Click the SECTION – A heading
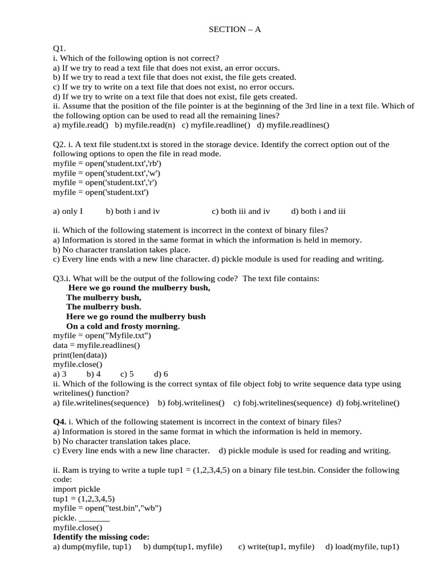234,30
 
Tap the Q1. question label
60,49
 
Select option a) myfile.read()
80,125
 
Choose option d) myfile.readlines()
293,125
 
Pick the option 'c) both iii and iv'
241,211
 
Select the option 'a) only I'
68,211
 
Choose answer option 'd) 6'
161,374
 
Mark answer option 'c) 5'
127,374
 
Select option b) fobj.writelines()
192,403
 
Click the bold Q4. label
59,422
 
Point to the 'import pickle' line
76,489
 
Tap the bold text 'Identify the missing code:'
101,537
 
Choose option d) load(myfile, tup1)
362,547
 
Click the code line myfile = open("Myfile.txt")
102,335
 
